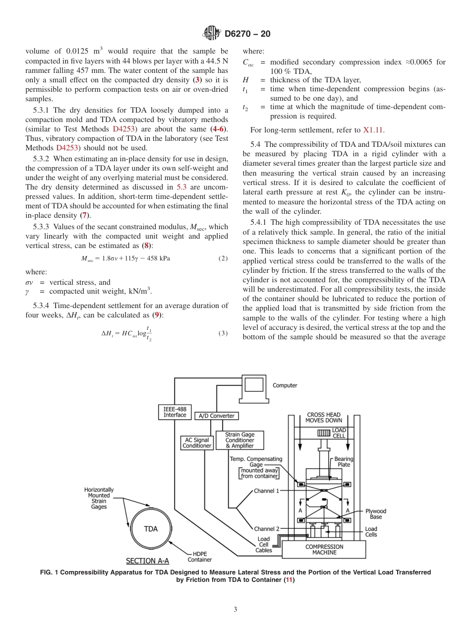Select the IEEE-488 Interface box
click(x=175, y=412)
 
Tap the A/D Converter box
click(x=216, y=416)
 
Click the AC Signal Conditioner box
click(x=197, y=442)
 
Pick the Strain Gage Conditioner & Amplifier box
click(x=240, y=440)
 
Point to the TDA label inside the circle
click(x=151, y=529)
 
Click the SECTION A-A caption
click(x=148, y=561)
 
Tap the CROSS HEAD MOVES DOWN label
click(x=324, y=417)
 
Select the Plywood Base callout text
click(x=376, y=514)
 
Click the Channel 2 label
click(x=267, y=529)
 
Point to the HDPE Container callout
click(x=200, y=557)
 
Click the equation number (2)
click(x=223, y=258)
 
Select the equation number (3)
click(x=223, y=333)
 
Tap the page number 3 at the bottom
click(x=235, y=609)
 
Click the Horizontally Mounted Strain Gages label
click(x=99, y=498)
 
